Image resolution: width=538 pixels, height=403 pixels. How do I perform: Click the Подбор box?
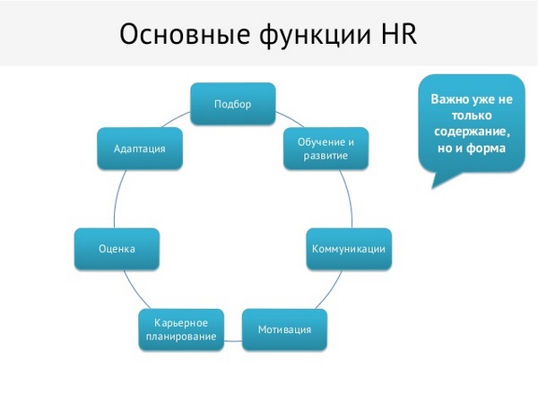[232, 104]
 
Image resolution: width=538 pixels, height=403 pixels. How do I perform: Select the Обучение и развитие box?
[321, 149]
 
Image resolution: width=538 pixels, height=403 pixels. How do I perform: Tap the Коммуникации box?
[348, 248]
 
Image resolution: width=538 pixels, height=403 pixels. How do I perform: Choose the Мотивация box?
[284, 330]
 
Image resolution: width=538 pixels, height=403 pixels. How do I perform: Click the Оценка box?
[117, 248]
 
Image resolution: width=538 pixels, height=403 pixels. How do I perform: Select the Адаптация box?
[139, 149]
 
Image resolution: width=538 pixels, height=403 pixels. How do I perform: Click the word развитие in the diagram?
[321, 156]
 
